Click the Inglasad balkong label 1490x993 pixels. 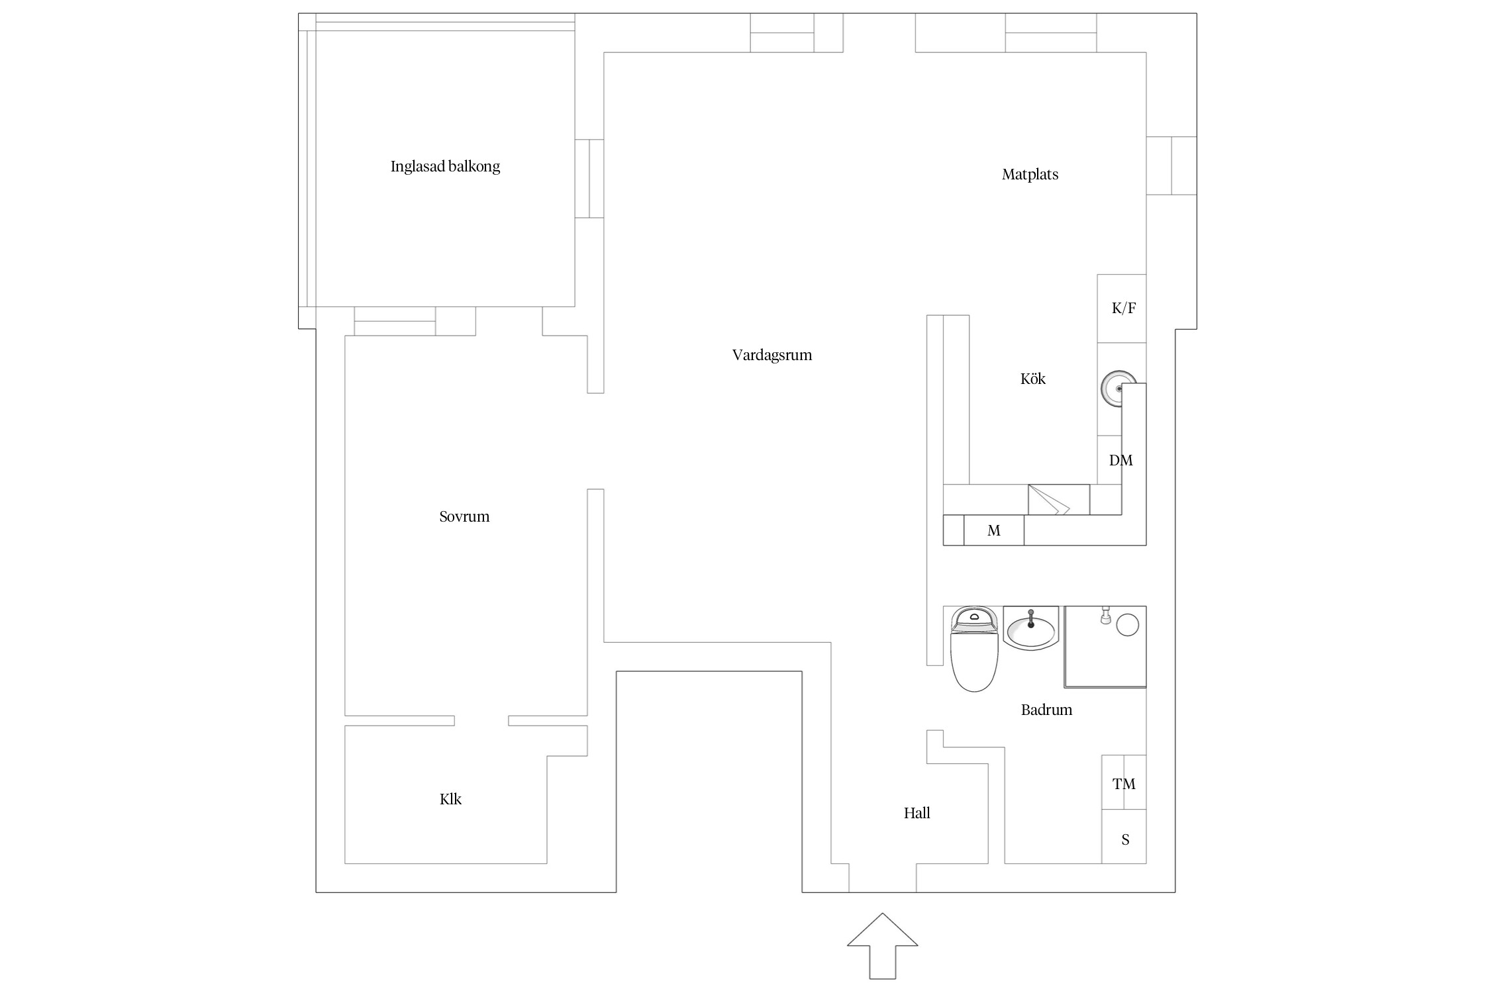click(445, 167)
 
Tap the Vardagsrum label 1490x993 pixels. click(772, 355)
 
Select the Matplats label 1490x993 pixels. click(1030, 175)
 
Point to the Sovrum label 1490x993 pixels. click(464, 516)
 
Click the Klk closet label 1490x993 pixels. click(450, 799)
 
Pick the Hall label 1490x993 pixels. click(917, 813)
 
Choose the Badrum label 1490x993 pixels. click(1046, 710)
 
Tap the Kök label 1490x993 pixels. click(1032, 379)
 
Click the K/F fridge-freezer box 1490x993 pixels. click(1122, 308)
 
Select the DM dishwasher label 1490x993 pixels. click(1120, 460)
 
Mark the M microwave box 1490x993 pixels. click(993, 530)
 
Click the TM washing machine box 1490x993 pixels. click(1124, 782)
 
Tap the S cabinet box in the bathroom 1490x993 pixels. click(1124, 837)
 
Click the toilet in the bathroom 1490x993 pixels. click(973, 649)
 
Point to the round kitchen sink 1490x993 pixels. click(1118, 389)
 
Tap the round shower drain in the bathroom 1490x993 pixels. click(1127, 625)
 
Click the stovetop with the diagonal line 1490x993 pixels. click(1058, 500)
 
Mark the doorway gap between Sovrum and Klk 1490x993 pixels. click(481, 721)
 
